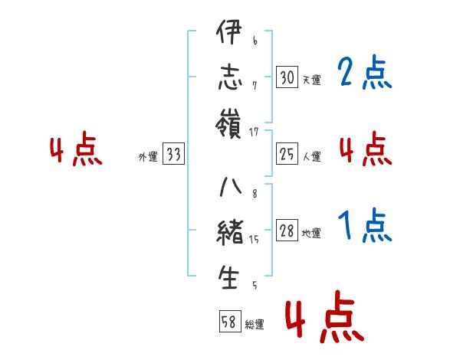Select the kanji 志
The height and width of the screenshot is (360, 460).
[x=229, y=79]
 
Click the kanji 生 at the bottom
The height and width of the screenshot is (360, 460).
[x=229, y=277]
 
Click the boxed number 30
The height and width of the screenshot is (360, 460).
[x=287, y=77]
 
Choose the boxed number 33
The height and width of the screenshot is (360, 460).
[x=173, y=155]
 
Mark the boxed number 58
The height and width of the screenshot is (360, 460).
[x=229, y=322]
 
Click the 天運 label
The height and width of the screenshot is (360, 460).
[x=311, y=80]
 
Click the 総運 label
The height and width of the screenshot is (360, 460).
[x=255, y=325]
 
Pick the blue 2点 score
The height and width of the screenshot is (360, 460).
[x=364, y=74]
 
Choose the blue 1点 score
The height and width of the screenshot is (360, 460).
[x=364, y=227]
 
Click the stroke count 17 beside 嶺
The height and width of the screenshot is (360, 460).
[x=255, y=133]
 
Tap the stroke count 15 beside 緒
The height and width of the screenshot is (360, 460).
[x=255, y=240]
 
